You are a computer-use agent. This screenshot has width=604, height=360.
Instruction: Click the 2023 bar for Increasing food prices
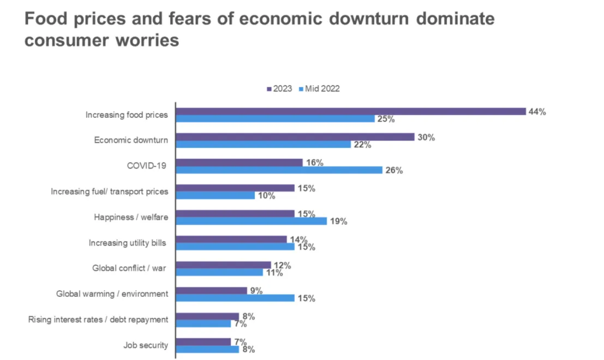point(351,111)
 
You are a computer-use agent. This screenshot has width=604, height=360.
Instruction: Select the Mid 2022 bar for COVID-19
point(279,170)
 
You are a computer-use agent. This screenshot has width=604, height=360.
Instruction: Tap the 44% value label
point(537,112)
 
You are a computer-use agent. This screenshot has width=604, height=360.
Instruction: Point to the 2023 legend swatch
point(269,89)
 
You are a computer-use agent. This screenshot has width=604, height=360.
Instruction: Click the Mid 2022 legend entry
point(319,89)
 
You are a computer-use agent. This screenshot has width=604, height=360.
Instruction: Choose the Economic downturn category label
point(131,140)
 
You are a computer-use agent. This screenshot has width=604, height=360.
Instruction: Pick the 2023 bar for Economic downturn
point(295,137)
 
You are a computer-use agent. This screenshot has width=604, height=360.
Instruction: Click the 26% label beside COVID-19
point(394,170)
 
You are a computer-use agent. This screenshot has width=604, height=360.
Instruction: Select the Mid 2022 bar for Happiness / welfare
point(252,221)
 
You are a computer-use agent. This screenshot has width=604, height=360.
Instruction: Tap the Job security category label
point(146,345)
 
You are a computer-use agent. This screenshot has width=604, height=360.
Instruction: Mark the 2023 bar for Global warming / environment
point(212,291)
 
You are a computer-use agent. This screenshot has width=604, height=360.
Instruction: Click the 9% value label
point(256,291)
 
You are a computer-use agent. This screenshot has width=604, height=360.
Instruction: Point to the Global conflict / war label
point(129,268)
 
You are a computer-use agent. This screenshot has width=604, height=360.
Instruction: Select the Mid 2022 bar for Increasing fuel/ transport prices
point(216,196)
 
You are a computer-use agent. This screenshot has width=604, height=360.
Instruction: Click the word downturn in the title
point(369,19)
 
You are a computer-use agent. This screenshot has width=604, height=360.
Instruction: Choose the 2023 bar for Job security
point(204,342)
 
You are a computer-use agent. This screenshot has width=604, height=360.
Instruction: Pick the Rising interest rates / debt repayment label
point(98,320)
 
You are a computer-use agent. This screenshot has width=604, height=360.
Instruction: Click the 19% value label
point(339,221)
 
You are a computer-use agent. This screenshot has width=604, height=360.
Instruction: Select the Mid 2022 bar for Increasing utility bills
point(235,247)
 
